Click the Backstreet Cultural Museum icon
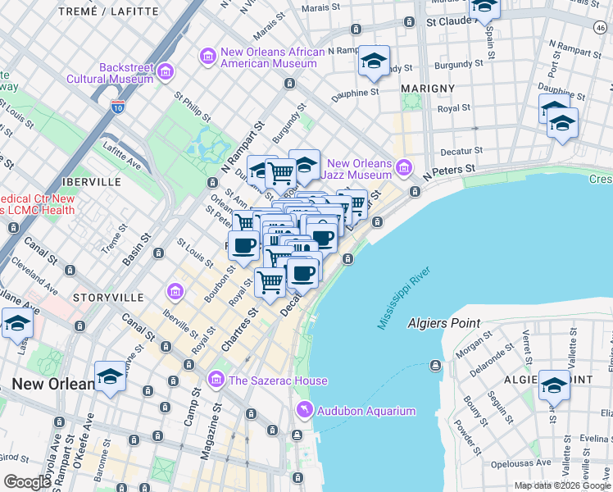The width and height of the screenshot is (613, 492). [x=166, y=73]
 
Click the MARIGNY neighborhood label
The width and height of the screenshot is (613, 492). [x=428, y=88]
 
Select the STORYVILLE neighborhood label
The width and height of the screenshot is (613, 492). [x=105, y=296]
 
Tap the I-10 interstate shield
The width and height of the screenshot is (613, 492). [x=118, y=106]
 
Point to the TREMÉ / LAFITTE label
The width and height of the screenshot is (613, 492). [x=109, y=11]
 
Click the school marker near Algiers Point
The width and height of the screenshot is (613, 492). [x=555, y=385]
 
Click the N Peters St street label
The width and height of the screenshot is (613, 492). [x=449, y=173]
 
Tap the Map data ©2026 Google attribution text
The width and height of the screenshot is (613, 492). [x=562, y=485]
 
